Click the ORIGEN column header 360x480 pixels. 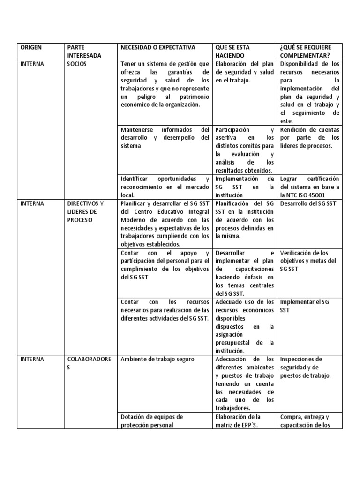coord(30,47)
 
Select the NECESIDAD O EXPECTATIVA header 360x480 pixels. coord(157,47)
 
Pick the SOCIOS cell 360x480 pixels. coord(77,64)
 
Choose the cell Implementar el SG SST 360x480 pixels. coord(304,306)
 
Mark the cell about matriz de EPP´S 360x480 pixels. coord(237,421)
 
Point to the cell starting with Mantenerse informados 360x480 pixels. coord(165,137)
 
